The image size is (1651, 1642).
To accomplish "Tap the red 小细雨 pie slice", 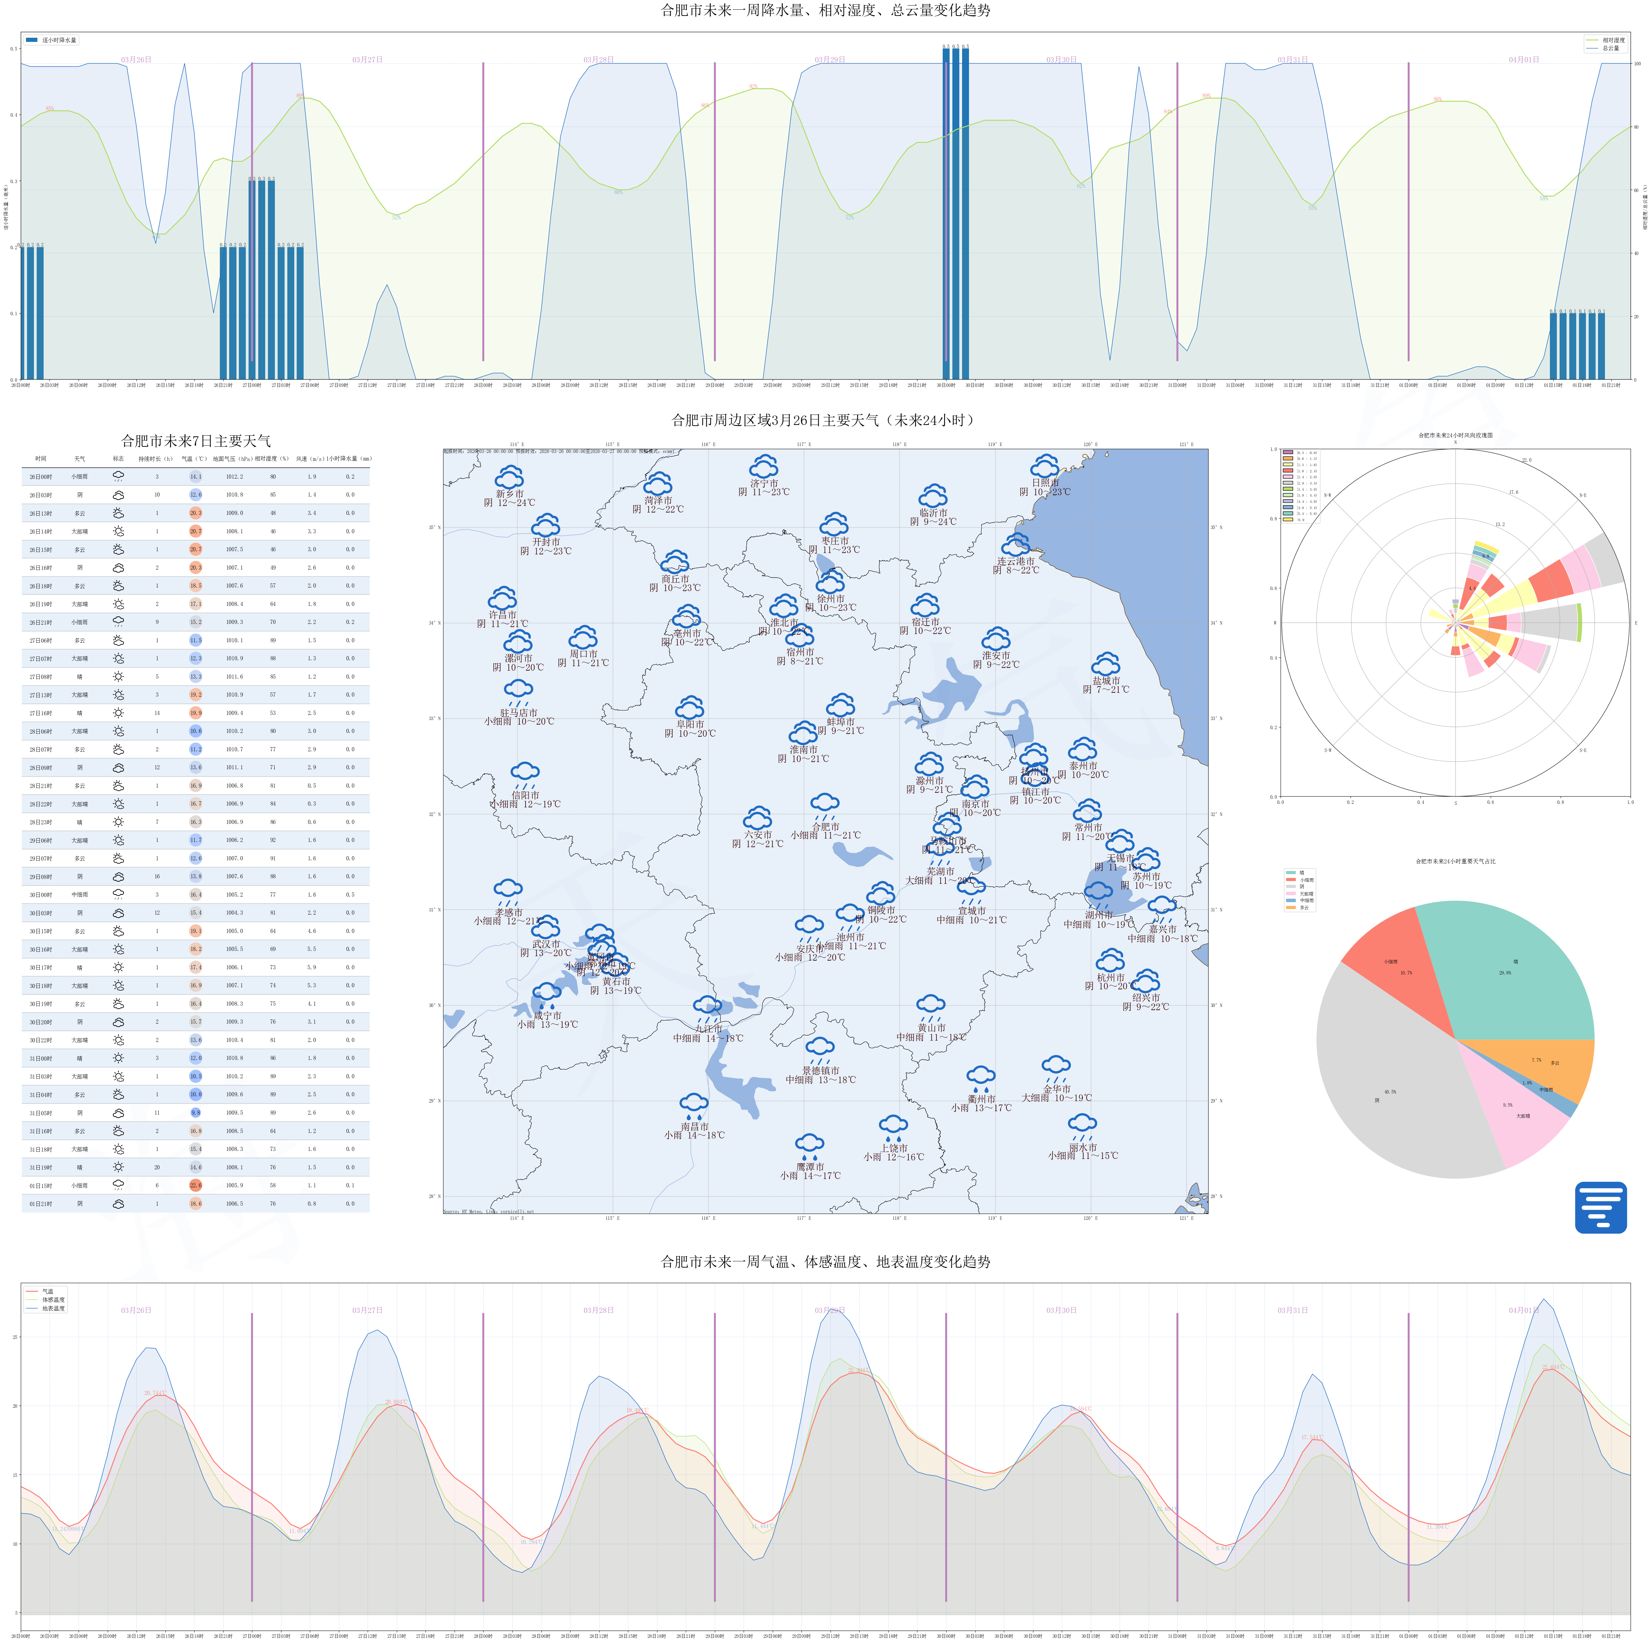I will (1397, 965).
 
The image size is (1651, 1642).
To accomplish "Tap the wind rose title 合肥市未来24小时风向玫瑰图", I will (1455, 435).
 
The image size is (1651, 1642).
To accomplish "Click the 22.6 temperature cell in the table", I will (196, 1185).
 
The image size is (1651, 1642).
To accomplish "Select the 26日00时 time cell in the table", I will (41, 477).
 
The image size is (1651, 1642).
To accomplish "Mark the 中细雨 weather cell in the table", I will (80, 895).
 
